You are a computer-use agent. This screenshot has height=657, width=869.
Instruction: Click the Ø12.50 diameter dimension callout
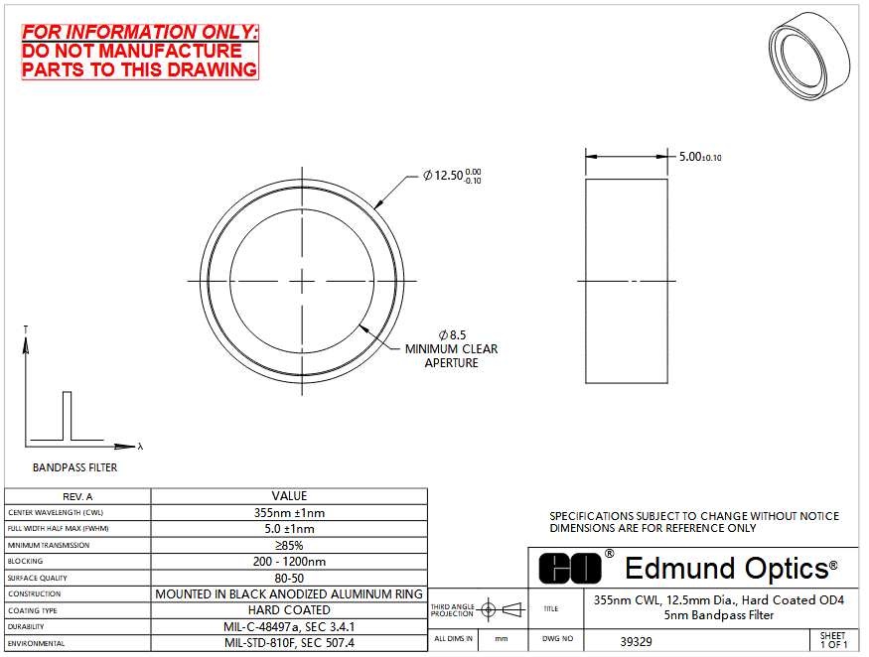click(x=452, y=176)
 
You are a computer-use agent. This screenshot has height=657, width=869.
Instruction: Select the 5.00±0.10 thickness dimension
click(x=700, y=157)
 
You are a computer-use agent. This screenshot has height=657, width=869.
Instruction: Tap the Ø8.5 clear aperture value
click(x=452, y=335)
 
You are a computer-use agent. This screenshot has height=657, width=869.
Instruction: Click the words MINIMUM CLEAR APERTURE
click(x=451, y=355)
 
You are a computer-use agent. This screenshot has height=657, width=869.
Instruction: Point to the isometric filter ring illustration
click(x=809, y=57)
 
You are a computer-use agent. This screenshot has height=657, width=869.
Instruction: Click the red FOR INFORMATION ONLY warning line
click(x=140, y=32)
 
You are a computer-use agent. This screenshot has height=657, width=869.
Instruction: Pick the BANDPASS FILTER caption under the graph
click(x=74, y=467)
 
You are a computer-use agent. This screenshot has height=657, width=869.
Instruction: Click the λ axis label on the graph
click(x=140, y=446)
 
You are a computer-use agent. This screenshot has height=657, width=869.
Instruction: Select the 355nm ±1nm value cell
click(x=289, y=512)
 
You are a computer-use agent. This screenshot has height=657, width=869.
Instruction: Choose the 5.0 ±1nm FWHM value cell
click(x=289, y=529)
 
